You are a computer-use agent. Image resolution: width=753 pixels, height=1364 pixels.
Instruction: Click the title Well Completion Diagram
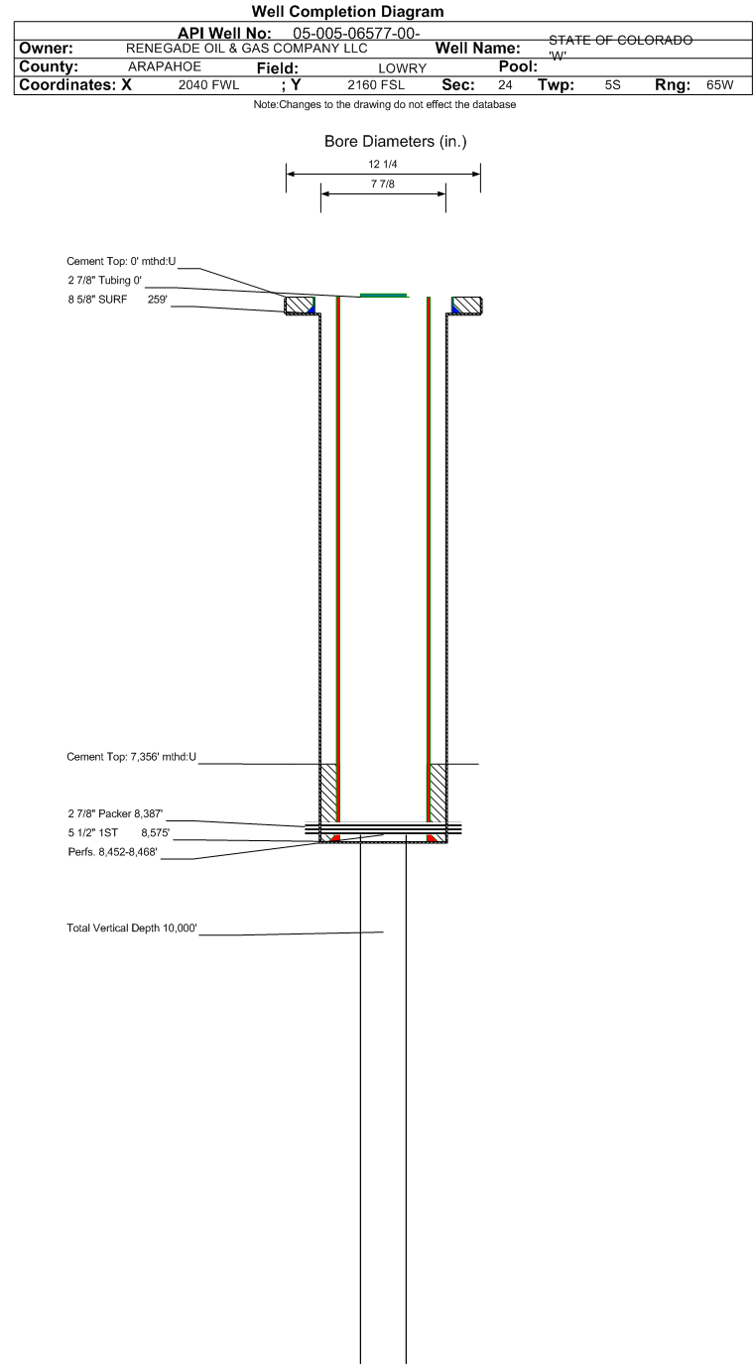[x=347, y=12]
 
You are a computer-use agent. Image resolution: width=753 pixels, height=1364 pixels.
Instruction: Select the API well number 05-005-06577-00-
[x=356, y=33]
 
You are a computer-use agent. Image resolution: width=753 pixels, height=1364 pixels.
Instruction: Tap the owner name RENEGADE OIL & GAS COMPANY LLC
[x=247, y=48]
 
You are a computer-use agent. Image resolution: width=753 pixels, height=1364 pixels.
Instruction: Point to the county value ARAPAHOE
[x=165, y=66]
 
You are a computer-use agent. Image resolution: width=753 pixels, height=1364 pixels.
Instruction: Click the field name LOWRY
[x=402, y=68]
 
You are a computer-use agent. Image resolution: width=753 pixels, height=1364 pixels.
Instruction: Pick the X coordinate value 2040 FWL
[x=209, y=85]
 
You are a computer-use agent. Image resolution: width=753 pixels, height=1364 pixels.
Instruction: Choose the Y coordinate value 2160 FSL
[x=376, y=85]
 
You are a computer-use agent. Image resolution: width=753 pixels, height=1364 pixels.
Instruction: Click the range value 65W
[x=720, y=85]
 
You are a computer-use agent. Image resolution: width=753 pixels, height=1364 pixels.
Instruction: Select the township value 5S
[x=613, y=85]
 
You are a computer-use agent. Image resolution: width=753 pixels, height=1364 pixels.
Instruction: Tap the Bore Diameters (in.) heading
[x=396, y=141]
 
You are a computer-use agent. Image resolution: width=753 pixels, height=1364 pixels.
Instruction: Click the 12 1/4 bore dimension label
[x=383, y=164]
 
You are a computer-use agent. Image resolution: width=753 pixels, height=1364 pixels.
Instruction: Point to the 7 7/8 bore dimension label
[x=383, y=184]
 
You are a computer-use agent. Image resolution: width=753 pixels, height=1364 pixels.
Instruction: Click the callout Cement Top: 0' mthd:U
[x=121, y=261]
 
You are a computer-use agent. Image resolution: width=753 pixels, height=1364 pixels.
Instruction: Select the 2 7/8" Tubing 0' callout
[x=105, y=280]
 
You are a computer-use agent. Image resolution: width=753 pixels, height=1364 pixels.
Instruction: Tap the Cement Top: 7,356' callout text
[x=132, y=757]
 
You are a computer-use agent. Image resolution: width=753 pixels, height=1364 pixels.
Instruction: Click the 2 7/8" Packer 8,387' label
[x=115, y=813]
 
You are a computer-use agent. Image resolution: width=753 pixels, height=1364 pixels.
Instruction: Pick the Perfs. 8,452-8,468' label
[x=113, y=852]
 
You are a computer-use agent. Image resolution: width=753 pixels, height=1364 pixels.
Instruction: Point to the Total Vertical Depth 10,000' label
[x=132, y=928]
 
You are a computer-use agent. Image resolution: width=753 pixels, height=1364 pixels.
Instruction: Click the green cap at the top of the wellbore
[x=383, y=296]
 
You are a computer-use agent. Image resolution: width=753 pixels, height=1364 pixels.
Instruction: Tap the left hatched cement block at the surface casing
[x=300, y=306]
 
